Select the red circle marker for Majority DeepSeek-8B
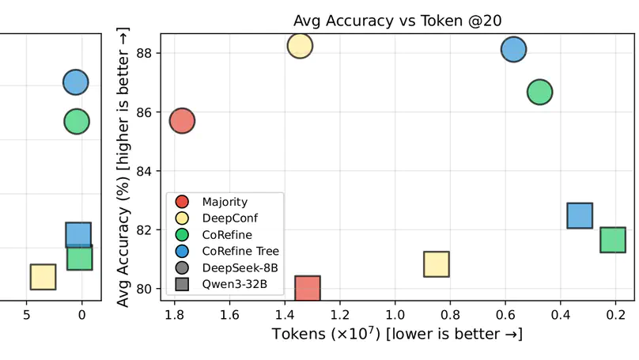(x=182, y=121)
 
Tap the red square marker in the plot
(x=307, y=288)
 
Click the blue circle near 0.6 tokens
(x=513, y=49)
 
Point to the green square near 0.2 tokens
(x=613, y=240)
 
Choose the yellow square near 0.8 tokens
(x=437, y=264)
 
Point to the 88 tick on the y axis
(x=145, y=53)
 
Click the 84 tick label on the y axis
(x=145, y=171)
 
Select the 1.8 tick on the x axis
(x=176, y=315)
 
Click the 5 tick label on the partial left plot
(x=27, y=315)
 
